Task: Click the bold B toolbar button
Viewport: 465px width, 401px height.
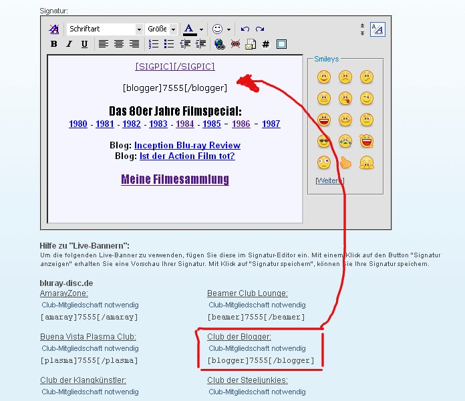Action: pyautogui.click(x=53, y=44)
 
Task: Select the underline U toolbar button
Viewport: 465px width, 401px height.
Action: pyautogui.click(x=84, y=44)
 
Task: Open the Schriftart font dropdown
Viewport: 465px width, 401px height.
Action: pyautogui.click(x=105, y=29)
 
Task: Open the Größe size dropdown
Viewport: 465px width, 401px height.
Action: pyautogui.click(x=161, y=29)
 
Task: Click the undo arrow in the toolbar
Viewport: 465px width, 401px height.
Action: pyautogui.click(x=245, y=29)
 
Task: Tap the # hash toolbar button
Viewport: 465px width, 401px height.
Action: pyautogui.click(x=266, y=44)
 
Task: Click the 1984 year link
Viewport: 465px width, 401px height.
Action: pyautogui.click(x=185, y=124)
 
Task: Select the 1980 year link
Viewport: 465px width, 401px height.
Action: pyautogui.click(x=78, y=124)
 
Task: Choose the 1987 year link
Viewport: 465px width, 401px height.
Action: pyautogui.click(x=271, y=124)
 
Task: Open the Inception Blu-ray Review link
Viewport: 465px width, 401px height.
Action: pyautogui.click(x=187, y=145)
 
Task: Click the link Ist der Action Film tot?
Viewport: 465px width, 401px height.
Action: pyautogui.click(x=187, y=156)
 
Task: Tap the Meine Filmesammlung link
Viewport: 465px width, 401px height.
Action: pyautogui.click(x=175, y=179)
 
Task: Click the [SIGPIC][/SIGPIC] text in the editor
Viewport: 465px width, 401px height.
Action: pyautogui.click(x=175, y=66)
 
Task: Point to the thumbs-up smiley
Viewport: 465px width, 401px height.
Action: pyautogui.click(x=345, y=162)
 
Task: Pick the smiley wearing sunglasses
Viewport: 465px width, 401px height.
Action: pyautogui.click(x=323, y=141)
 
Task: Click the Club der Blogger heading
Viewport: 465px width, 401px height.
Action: pyautogui.click(x=239, y=337)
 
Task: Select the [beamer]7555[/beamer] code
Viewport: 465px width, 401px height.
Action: pyautogui.click(x=257, y=317)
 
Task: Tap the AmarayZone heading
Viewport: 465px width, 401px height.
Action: pyautogui.click(x=64, y=293)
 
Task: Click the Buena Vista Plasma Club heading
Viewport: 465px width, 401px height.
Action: pyautogui.click(x=88, y=337)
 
